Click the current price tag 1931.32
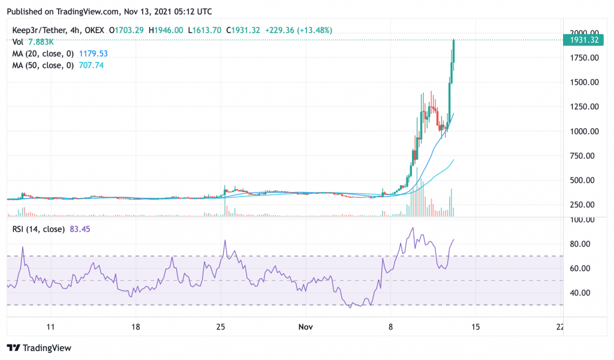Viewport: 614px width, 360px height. click(584, 40)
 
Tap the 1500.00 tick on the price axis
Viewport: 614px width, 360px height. click(584, 82)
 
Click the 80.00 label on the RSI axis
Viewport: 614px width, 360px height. click(580, 244)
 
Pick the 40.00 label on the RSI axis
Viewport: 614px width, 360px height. click(580, 293)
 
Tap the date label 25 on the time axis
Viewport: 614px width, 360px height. click(221, 327)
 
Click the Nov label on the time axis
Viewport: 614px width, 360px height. click(305, 327)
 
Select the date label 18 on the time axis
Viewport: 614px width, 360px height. click(136, 327)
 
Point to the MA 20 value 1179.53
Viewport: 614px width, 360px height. click(93, 53)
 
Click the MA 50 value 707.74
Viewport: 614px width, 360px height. click(91, 65)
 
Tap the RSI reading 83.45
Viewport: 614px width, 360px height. click(80, 229)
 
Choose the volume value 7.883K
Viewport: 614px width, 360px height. click(41, 42)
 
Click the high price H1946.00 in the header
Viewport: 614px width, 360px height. click(165, 30)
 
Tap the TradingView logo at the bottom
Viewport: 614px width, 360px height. click(39, 348)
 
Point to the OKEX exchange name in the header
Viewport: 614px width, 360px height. click(94, 30)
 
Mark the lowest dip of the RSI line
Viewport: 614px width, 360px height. click(351, 308)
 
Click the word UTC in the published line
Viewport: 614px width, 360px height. click(204, 12)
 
